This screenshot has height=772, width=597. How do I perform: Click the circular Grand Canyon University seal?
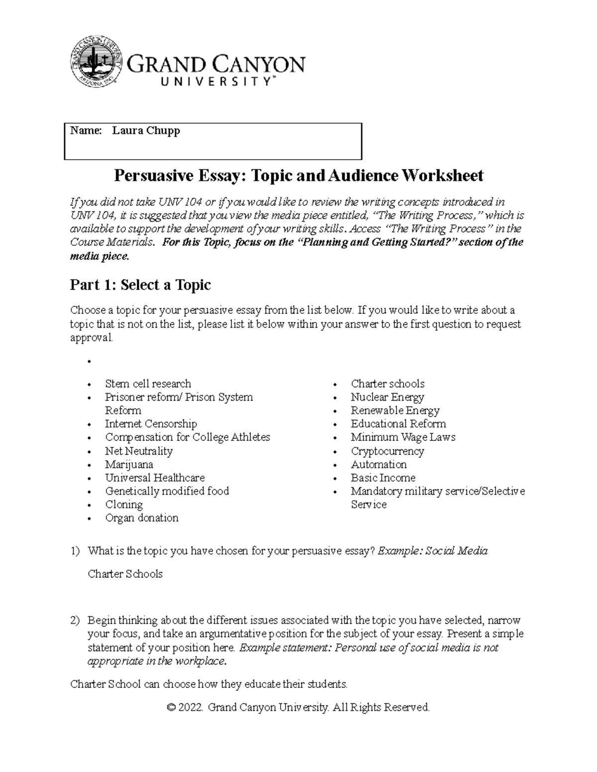tap(96, 62)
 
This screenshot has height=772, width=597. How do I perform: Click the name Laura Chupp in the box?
tap(146, 131)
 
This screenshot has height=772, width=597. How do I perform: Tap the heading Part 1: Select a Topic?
tap(140, 285)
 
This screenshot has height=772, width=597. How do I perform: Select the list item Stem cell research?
tap(148, 384)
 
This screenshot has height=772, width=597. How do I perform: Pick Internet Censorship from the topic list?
tap(151, 424)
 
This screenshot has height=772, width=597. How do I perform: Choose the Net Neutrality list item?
tap(139, 451)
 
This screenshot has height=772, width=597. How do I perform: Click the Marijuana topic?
tap(129, 465)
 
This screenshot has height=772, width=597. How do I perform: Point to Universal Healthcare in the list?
tap(155, 478)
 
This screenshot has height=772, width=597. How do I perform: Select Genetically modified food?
tap(167, 491)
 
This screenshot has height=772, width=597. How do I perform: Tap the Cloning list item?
tap(124, 505)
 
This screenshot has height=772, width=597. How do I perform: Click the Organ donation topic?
tap(142, 518)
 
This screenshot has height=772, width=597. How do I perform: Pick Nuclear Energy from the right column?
tap(387, 397)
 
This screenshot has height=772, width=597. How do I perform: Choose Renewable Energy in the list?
tap(395, 411)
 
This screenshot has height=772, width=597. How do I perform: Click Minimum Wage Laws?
tap(403, 437)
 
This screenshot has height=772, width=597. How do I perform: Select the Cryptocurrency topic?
tap(387, 451)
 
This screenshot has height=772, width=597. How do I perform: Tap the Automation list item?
tap(379, 465)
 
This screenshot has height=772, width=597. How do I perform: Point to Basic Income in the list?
tap(383, 478)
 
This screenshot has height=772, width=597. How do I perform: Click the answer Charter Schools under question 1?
tap(125, 574)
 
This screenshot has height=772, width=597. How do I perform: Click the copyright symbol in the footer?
tap(172, 707)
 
